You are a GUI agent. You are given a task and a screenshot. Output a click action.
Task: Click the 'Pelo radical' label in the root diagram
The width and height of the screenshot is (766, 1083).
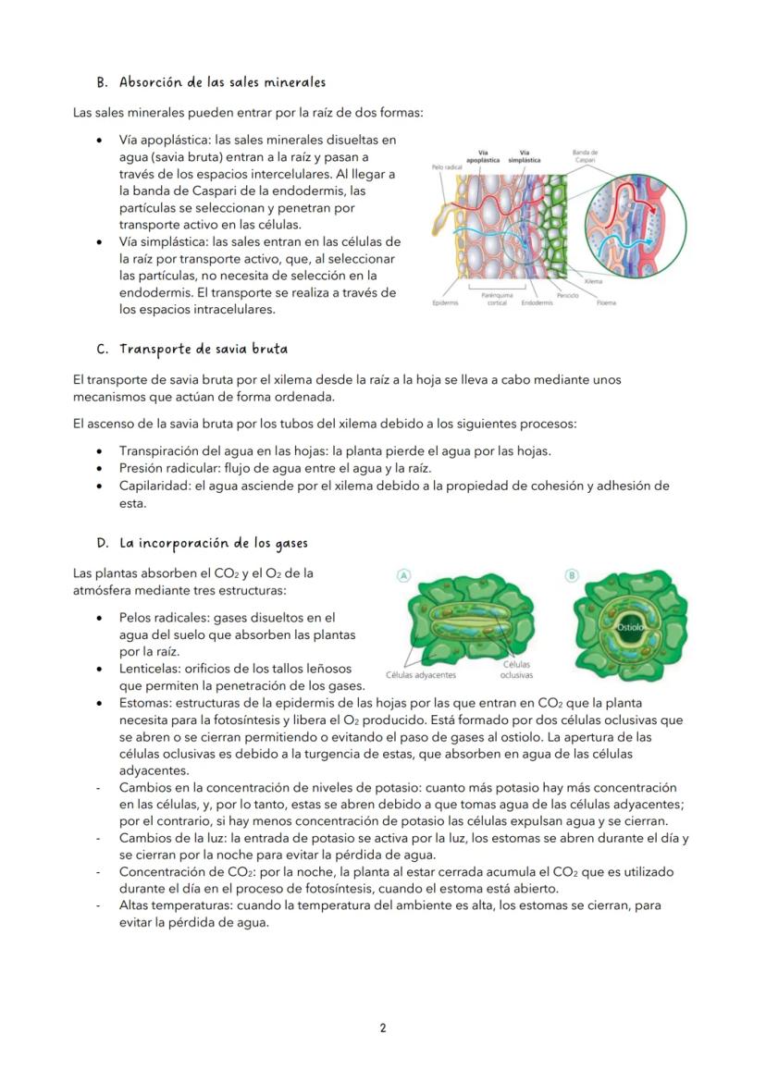(447, 167)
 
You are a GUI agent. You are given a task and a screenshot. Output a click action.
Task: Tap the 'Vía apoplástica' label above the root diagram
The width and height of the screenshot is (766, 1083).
(483, 155)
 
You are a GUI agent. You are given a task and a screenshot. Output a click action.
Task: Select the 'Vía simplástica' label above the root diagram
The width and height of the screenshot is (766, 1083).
(525, 155)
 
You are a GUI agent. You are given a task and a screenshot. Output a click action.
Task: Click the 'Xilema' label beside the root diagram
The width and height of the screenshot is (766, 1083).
(594, 280)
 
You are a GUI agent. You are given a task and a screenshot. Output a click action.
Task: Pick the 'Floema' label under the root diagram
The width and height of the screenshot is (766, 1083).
(606, 302)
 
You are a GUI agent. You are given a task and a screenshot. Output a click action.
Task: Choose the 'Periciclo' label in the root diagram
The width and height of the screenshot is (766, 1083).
(568, 295)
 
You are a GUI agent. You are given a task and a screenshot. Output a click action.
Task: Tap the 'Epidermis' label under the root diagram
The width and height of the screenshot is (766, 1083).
(445, 302)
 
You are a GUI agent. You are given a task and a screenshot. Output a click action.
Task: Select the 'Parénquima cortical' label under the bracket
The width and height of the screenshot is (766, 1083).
(497, 299)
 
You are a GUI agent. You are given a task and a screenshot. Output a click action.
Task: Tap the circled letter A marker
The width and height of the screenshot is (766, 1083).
(404, 575)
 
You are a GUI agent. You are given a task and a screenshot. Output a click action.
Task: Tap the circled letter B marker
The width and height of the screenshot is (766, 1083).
(571, 575)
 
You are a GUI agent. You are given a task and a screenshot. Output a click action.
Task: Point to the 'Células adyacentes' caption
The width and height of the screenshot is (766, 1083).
(420, 675)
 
